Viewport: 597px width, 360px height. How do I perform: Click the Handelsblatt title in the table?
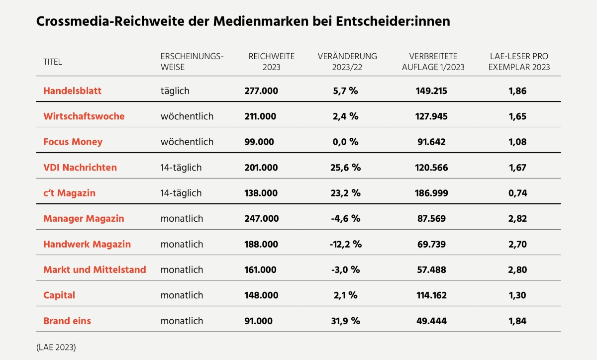pyautogui.click(x=72, y=91)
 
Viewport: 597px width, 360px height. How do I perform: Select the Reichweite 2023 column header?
pyautogui.click(x=272, y=62)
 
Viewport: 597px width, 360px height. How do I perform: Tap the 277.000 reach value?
pyautogui.click(x=261, y=91)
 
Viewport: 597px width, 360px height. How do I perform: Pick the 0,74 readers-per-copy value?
pyautogui.click(x=517, y=193)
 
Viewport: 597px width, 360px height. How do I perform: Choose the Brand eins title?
pyautogui.click(x=67, y=321)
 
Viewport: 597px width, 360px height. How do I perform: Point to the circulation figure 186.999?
pyautogui.click(x=431, y=193)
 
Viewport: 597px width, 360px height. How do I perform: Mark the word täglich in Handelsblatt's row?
pyautogui.click(x=175, y=91)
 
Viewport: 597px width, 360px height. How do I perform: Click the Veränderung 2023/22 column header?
pyautogui.click(x=347, y=62)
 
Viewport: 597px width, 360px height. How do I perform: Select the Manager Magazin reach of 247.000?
pyautogui.click(x=261, y=218)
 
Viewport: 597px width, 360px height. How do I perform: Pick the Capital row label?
pyautogui.click(x=59, y=295)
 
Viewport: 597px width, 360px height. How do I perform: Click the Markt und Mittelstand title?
pyautogui.click(x=95, y=270)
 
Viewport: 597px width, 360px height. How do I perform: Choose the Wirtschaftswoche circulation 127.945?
pyautogui.click(x=431, y=116)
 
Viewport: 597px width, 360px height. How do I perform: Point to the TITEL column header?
pyautogui.click(x=53, y=62)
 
